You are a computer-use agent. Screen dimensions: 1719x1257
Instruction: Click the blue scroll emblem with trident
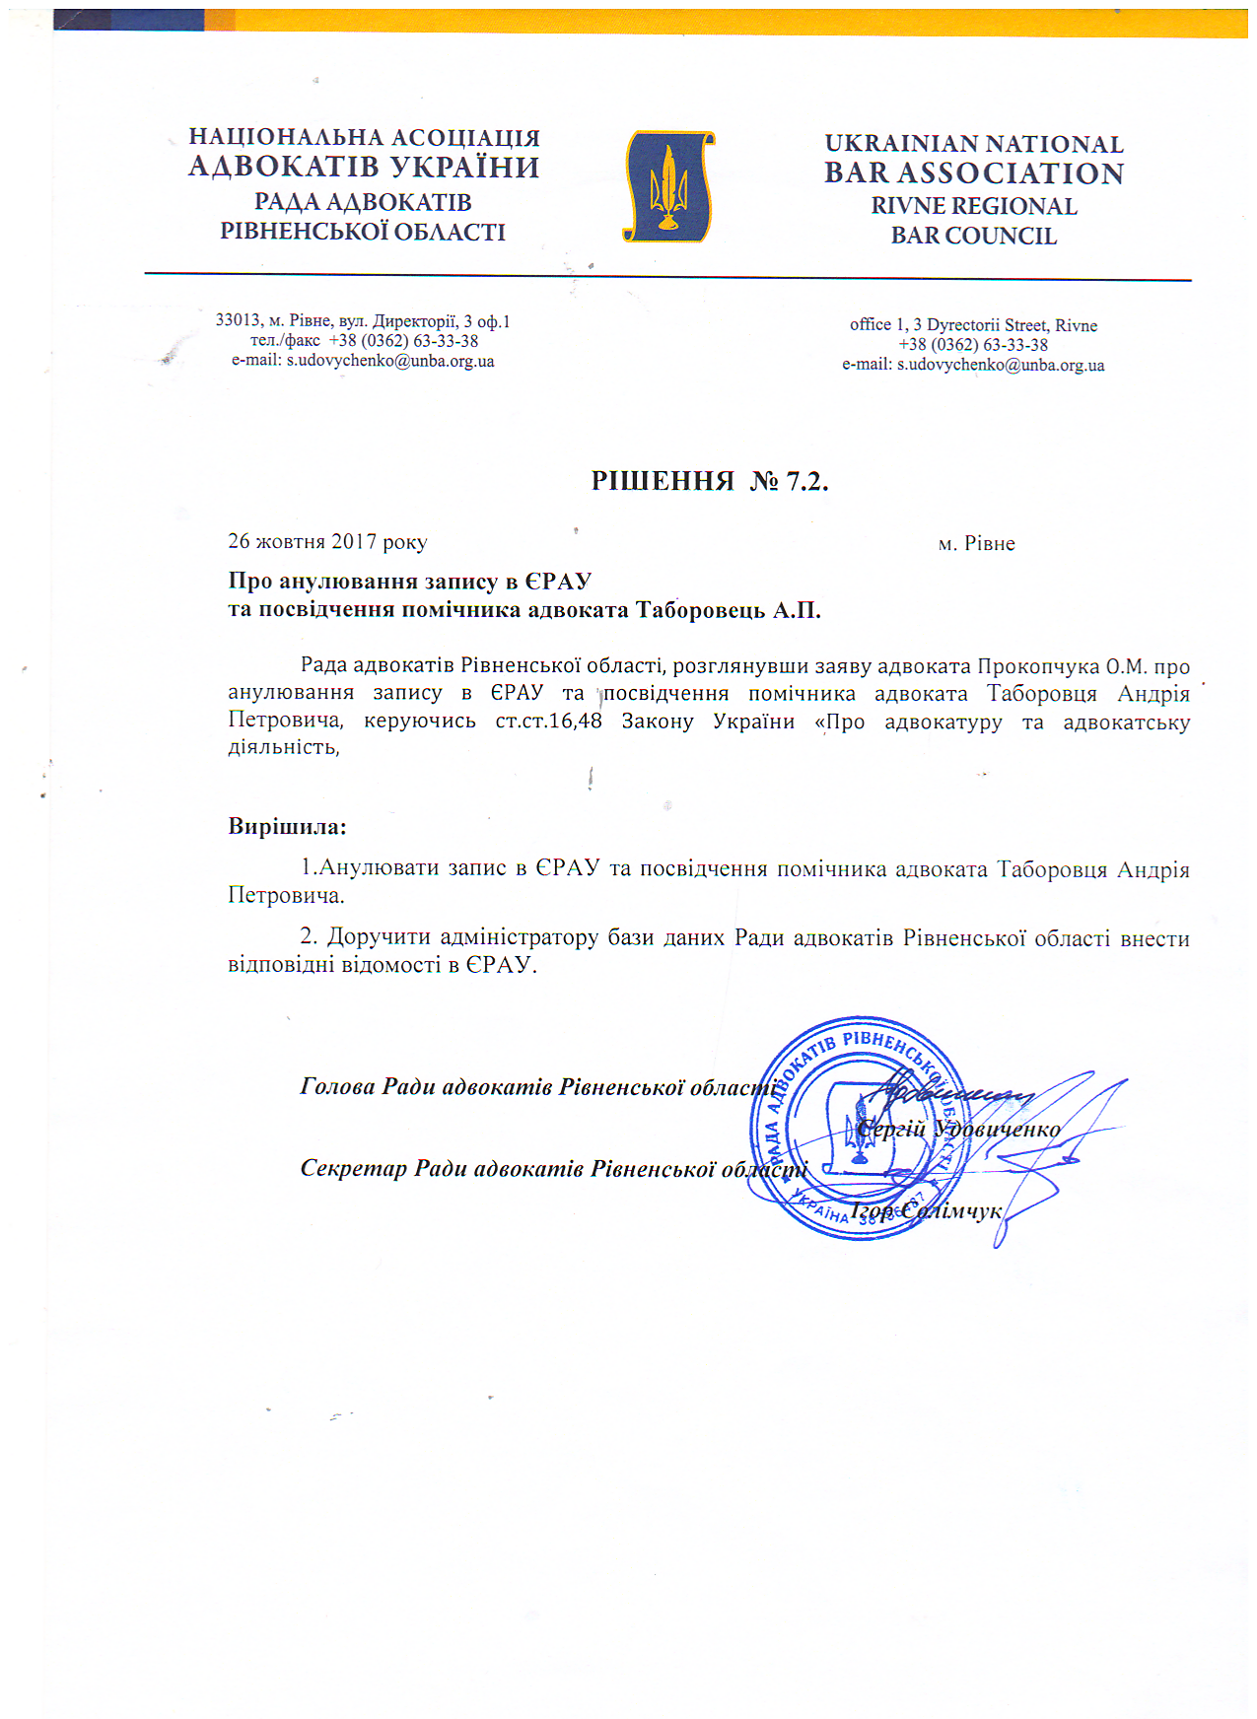pyautogui.click(x=669, y=187)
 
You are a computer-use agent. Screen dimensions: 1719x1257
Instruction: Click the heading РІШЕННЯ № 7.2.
pyautogui.click(x=709, y=481)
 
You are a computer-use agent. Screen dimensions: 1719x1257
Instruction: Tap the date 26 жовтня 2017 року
pyautogui.click(x=327, y=541)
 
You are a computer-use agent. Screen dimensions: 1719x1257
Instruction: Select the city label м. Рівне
pyautogui.click(x=976, y=543)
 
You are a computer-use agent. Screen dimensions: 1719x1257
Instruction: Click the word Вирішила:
pyautogui.click(x=287, y=826)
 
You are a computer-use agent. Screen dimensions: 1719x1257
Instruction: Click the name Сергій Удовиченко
pyautogui.click(x=958, y=1130)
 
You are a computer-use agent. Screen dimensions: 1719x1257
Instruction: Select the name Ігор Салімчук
pyautogui.click(x=927, y=1210)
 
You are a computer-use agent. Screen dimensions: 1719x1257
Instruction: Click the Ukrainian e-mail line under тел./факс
pyautogui.click(x=363, y=361)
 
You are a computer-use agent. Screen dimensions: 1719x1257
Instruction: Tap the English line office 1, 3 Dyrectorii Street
pyautogui.click(x=973, y=325)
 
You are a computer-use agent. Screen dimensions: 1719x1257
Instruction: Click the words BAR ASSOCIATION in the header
pyautogui.click(x=974, y=173)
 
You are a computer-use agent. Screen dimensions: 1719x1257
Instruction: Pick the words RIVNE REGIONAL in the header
pyautogui.click(x=974, y=206)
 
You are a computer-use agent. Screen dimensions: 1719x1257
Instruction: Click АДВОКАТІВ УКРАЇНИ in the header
pyautogui.click(x=364, y=167)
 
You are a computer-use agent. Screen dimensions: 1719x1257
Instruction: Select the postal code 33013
pyautogui.click(x=238, y=321)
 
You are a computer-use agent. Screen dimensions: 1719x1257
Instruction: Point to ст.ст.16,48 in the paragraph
pyautogui.click(x=548, y=721)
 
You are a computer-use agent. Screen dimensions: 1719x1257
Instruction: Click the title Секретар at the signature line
pyautogui.click(x=353, y=1169)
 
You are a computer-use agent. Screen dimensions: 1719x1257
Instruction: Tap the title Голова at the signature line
pyautogui.click(x=337, y=1087)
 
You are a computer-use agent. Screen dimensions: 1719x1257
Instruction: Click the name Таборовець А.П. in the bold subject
pyautogui.click(x=728, y=610)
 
